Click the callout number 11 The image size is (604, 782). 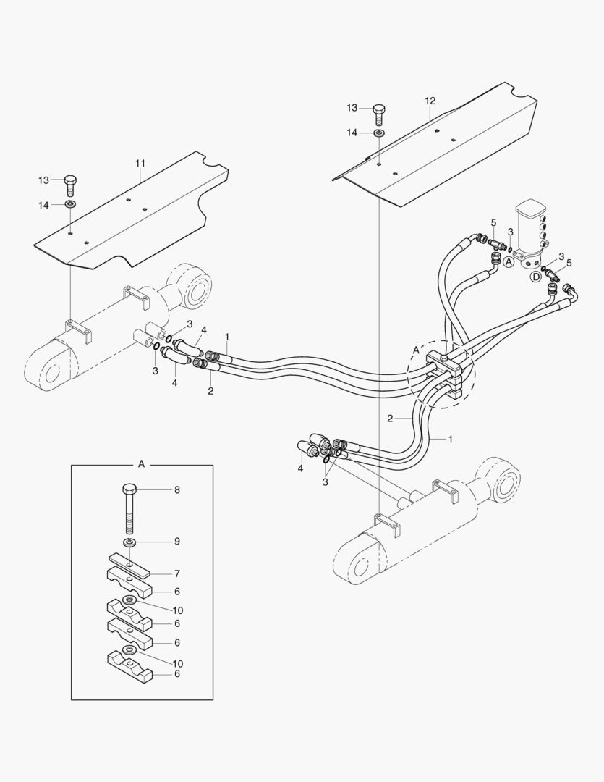click(x=140, y=164)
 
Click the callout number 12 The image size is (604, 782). click(x=430, y=100)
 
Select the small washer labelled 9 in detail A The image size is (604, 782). click(x=129, y=542)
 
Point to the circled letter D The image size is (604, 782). click(x=536, y=276)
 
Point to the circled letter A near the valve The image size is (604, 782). click(x=509, y=263)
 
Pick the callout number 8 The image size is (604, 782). click(x=177, y=489)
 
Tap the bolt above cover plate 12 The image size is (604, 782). click(x=379, y=113)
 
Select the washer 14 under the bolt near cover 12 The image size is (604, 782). click(x=379, y=133)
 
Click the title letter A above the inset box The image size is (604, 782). click(x=141, y=461)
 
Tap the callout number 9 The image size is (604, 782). click(x=177, y=542)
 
